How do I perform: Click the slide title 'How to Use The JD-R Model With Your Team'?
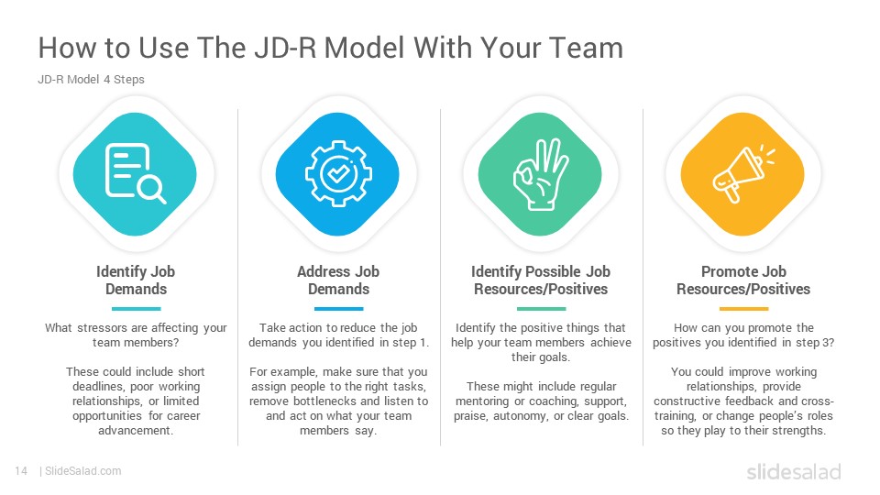(x=331, y=48)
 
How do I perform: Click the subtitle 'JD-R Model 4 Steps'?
(x=91, y=80)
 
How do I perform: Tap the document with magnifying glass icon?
(x=136, y=173)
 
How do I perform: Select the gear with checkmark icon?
(x=338, y=174)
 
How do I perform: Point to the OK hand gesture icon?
(x=541, y=174)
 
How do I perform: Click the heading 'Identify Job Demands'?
(x=136, y=280)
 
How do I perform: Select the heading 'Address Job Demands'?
(x=338, y=280)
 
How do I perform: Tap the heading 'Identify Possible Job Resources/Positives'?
(x=541, y=280)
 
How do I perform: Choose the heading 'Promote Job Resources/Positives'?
(x=743, y=280)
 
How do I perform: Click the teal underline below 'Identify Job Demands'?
(x=136, y=309)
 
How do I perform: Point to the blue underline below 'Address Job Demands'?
(x=338, y=309)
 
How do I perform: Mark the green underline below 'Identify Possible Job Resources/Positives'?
(x=541, y=309)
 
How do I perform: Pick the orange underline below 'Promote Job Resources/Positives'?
(x=743, y=309)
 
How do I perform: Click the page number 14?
(x=21, y=471)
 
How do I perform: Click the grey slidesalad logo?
(x=794, y=471)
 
